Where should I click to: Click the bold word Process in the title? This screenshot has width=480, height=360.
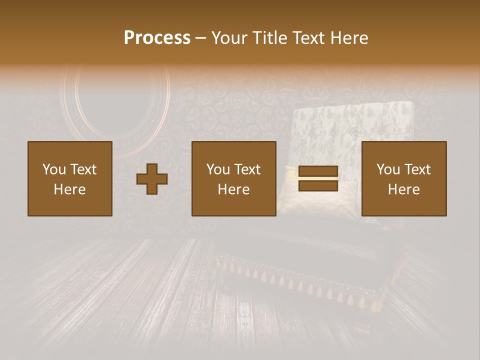[157, 38]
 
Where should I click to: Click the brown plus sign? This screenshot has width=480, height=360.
[152, 179]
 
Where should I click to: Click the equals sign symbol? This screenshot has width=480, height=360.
[318, 179]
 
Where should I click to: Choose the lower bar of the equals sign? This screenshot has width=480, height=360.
[318, 185]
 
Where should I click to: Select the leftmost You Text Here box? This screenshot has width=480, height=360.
[70, 178]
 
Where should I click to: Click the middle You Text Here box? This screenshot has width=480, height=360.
[234, 178]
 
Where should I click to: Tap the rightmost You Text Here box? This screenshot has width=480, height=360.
[404, 178]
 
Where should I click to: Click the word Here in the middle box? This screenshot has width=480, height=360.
[234, 189]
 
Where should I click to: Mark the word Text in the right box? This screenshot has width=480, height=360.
[417, 169]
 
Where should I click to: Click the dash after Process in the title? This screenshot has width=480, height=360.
[200, 38]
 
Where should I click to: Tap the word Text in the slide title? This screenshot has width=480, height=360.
[306, 38]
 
